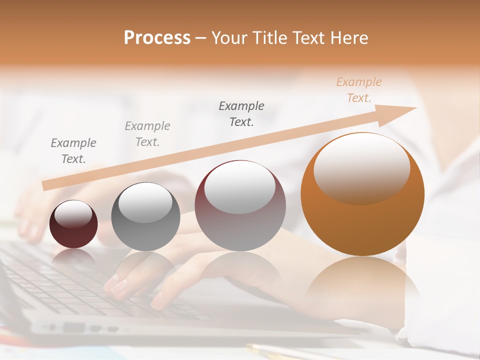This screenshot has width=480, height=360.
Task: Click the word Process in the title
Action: (157, 37)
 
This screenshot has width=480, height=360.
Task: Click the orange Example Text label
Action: (358, 90)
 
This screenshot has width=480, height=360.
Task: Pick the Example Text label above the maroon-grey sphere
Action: (241, 114)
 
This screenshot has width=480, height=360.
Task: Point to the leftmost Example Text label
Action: (73, 151)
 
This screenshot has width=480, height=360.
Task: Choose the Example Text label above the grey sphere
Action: (147, 134)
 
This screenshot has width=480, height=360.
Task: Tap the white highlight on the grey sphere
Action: (145, 202)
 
